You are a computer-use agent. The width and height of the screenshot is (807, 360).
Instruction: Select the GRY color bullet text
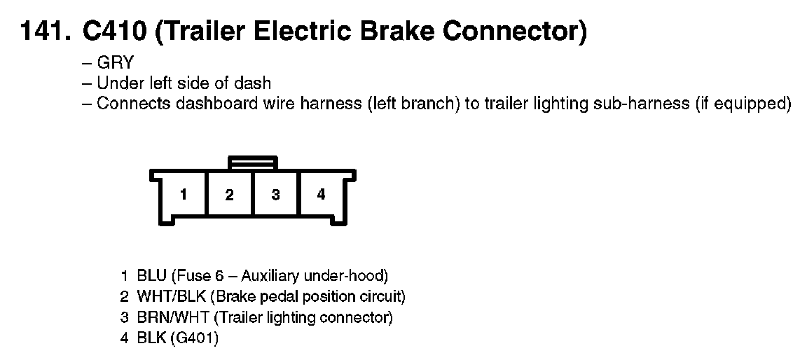click(116, 64)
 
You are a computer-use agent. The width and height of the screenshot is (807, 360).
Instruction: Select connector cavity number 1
click(184, 195)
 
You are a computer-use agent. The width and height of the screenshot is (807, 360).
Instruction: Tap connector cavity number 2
click(229, 195)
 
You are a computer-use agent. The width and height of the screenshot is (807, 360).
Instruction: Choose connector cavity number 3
click(275, 195)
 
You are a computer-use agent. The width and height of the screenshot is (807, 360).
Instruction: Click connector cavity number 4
click(321, 195)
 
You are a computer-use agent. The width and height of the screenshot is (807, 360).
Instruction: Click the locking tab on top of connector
click(252, 162)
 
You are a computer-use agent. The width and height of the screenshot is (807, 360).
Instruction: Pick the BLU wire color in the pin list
click(151, 275)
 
